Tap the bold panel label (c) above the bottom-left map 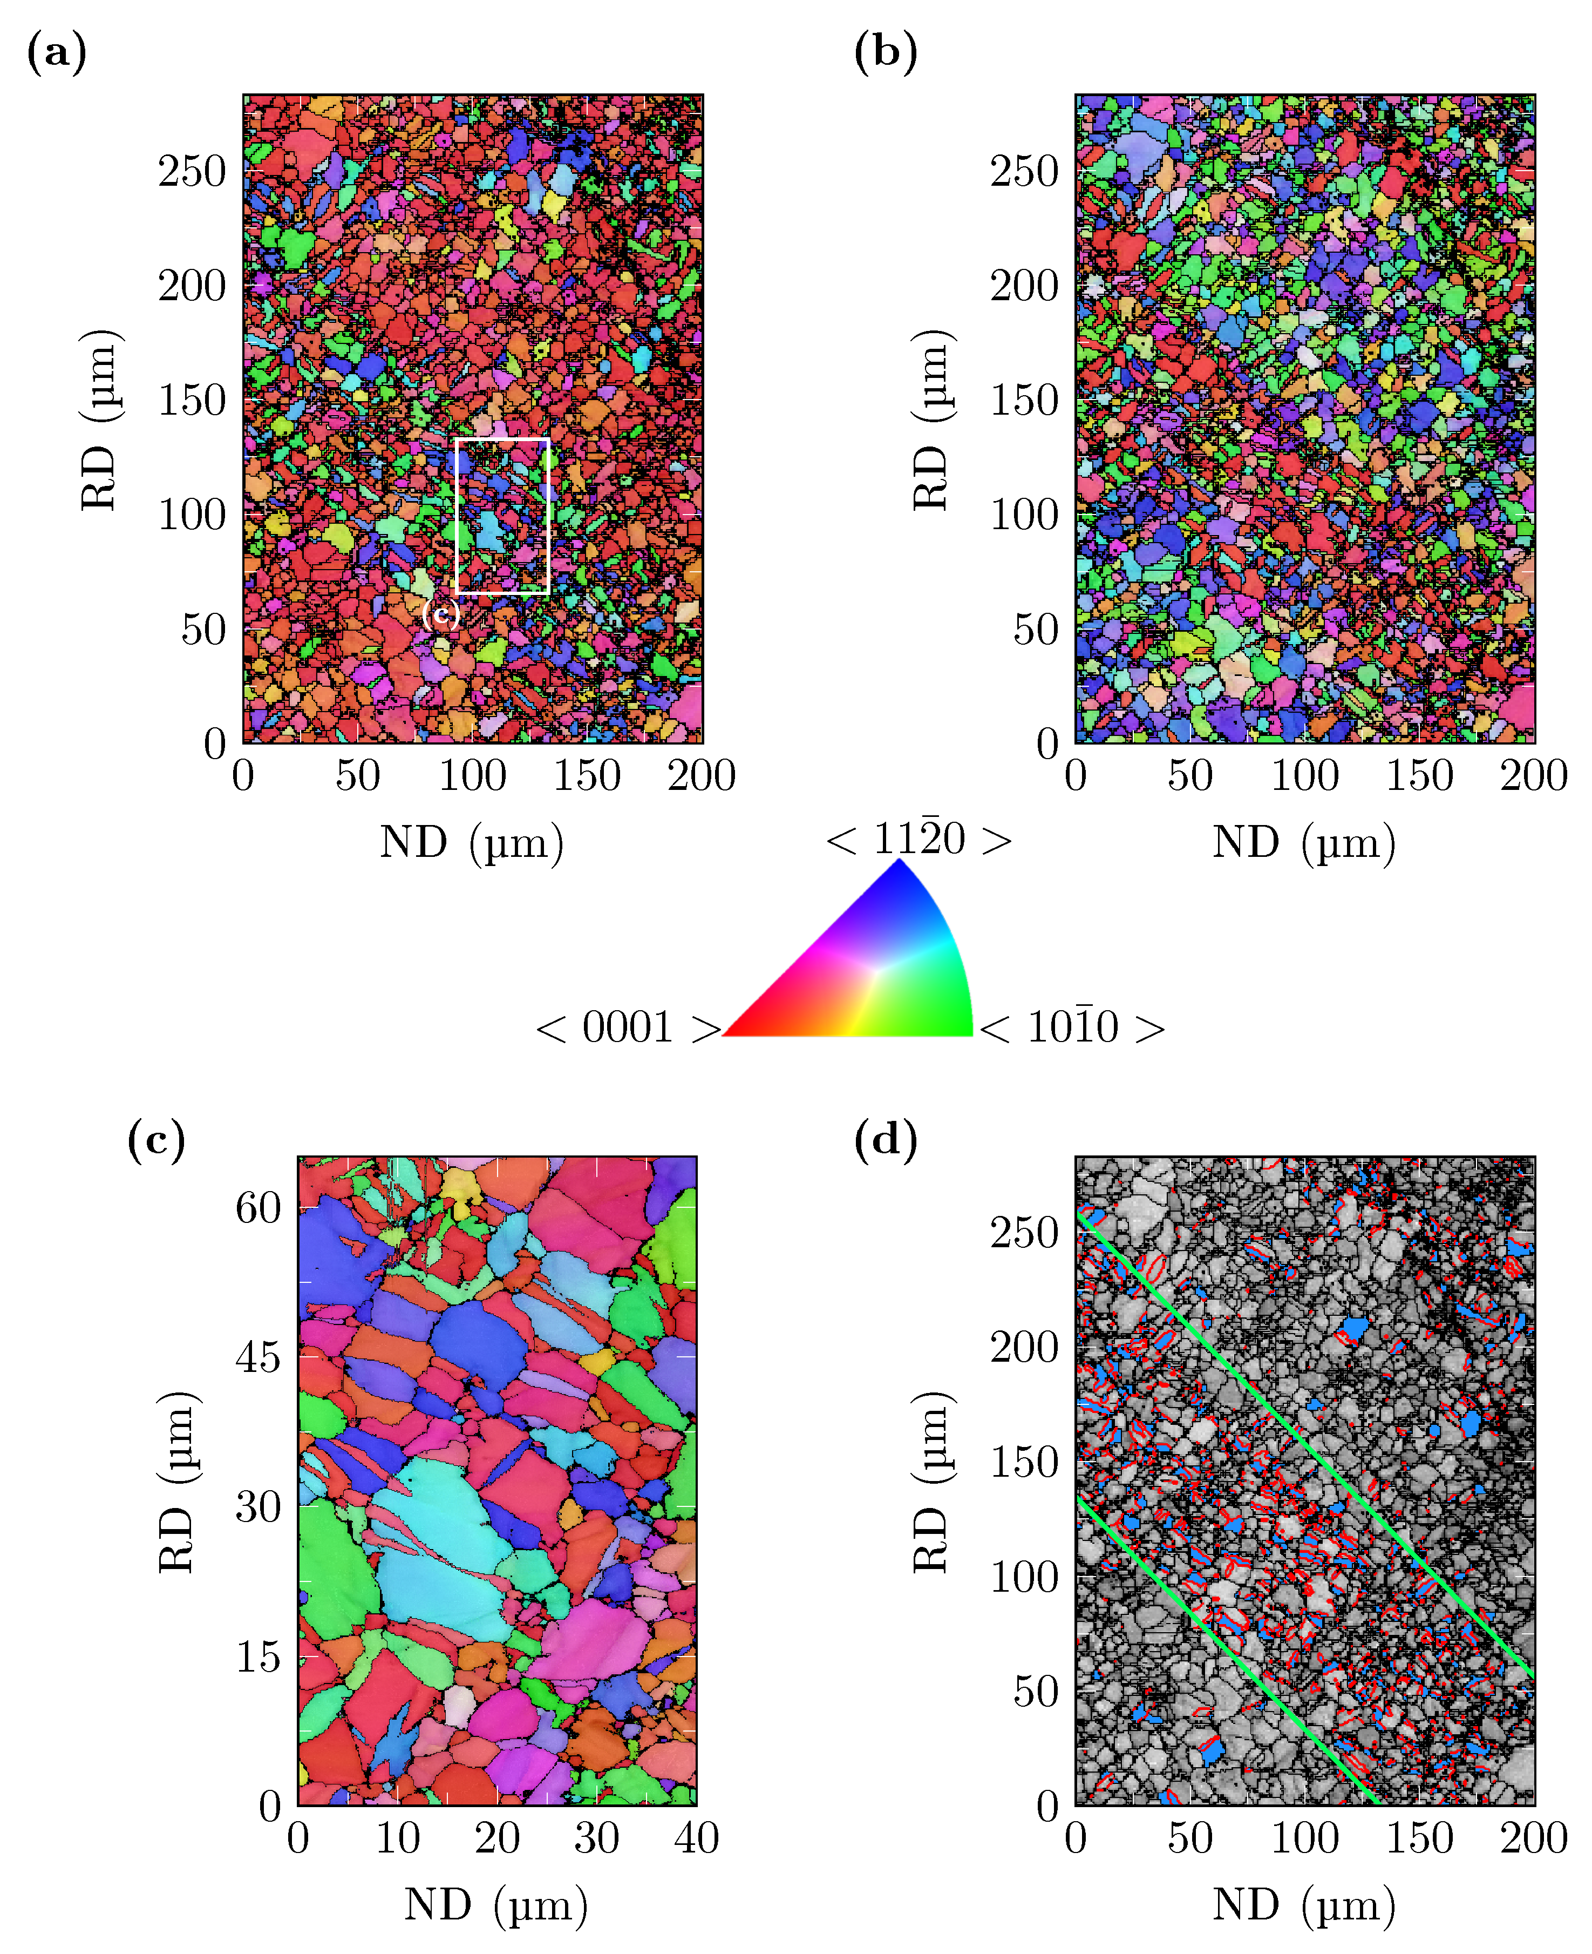click(156, 1140)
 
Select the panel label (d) click(885, 1140)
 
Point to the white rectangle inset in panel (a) click(502, 441)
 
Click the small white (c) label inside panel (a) click(440, 613)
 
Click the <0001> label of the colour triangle click(628, 1027)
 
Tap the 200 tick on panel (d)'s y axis click(1024, 1348)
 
